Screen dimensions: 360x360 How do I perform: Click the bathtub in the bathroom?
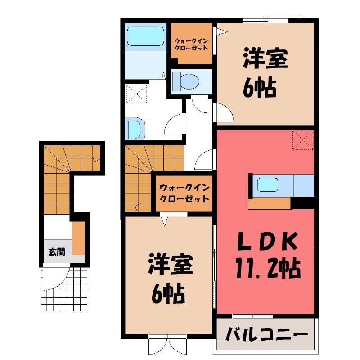[145, 36]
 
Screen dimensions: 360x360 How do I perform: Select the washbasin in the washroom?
[135, 128]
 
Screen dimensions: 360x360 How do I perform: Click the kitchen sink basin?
[267, 185]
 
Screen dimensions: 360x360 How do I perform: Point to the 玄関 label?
[57, 252]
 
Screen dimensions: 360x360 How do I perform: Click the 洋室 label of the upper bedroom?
[265, 58]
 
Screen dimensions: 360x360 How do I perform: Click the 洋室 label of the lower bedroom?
[171, 263]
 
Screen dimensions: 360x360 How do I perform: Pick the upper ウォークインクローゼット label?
[191, 45]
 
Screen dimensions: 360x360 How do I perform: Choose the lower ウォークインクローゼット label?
[184, 193]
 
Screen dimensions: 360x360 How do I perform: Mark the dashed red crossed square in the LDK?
[303, 140]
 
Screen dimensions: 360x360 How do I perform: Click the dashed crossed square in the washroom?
[137, 94]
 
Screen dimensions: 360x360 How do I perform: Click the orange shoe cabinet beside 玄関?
[78, 238]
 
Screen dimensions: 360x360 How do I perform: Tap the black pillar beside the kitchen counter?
[302, 203]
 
